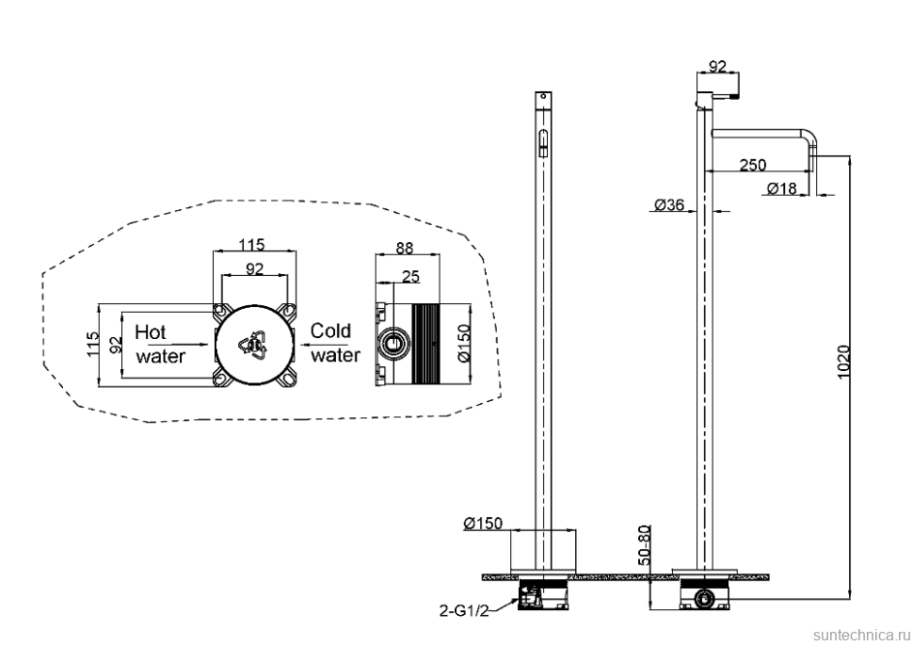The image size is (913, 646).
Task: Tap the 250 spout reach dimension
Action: point(753,165)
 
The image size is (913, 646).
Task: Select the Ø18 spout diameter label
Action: point(781,188)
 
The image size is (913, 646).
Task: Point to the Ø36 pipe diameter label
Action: point(669,204)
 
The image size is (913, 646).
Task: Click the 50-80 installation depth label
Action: point(645,544)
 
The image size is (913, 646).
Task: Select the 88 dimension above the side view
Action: point(404,249)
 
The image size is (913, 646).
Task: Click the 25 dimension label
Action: point(410,276)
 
